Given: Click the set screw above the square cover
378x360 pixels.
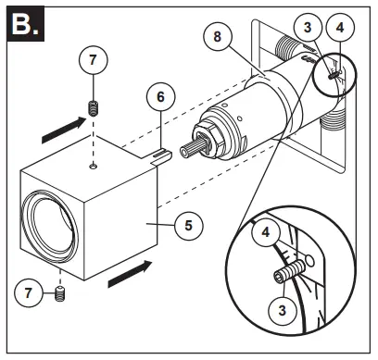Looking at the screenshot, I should [x=93, y=109].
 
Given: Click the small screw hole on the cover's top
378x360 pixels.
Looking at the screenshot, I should [x=93, y=166].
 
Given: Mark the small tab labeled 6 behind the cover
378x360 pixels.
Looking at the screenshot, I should [x=163, y=153].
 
